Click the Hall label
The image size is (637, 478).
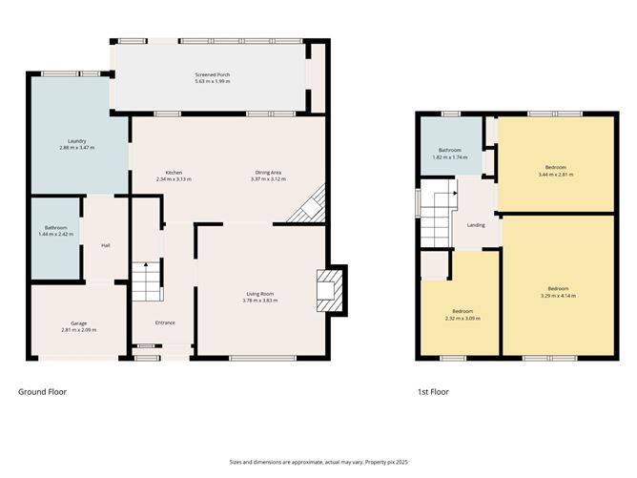106,245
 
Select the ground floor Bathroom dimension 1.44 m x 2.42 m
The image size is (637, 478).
55,234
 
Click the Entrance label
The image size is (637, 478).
165,322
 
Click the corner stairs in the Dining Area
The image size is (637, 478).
311,206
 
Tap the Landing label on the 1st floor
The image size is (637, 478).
475,225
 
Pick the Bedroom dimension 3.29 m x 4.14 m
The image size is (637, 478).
558,296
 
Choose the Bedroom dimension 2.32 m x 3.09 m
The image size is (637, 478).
462,318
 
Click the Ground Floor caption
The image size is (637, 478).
43,391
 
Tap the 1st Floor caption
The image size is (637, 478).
432,391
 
